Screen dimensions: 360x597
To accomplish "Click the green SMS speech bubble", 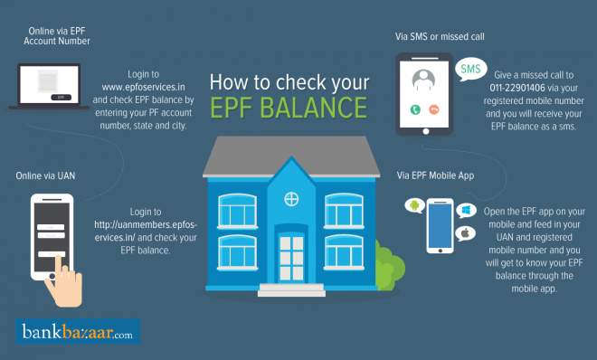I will pyautogui.click(x=470, y=69).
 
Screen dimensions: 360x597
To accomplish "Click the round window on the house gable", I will pyautogui.click(x=291, y=197).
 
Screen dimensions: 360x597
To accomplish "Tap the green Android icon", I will pyautogui.click(x=413, y=206).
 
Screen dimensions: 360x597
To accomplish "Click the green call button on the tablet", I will pyautogui.click(x=414, y=109).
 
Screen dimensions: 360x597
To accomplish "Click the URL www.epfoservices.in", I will pyautogui.click(x=143, y=90).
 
